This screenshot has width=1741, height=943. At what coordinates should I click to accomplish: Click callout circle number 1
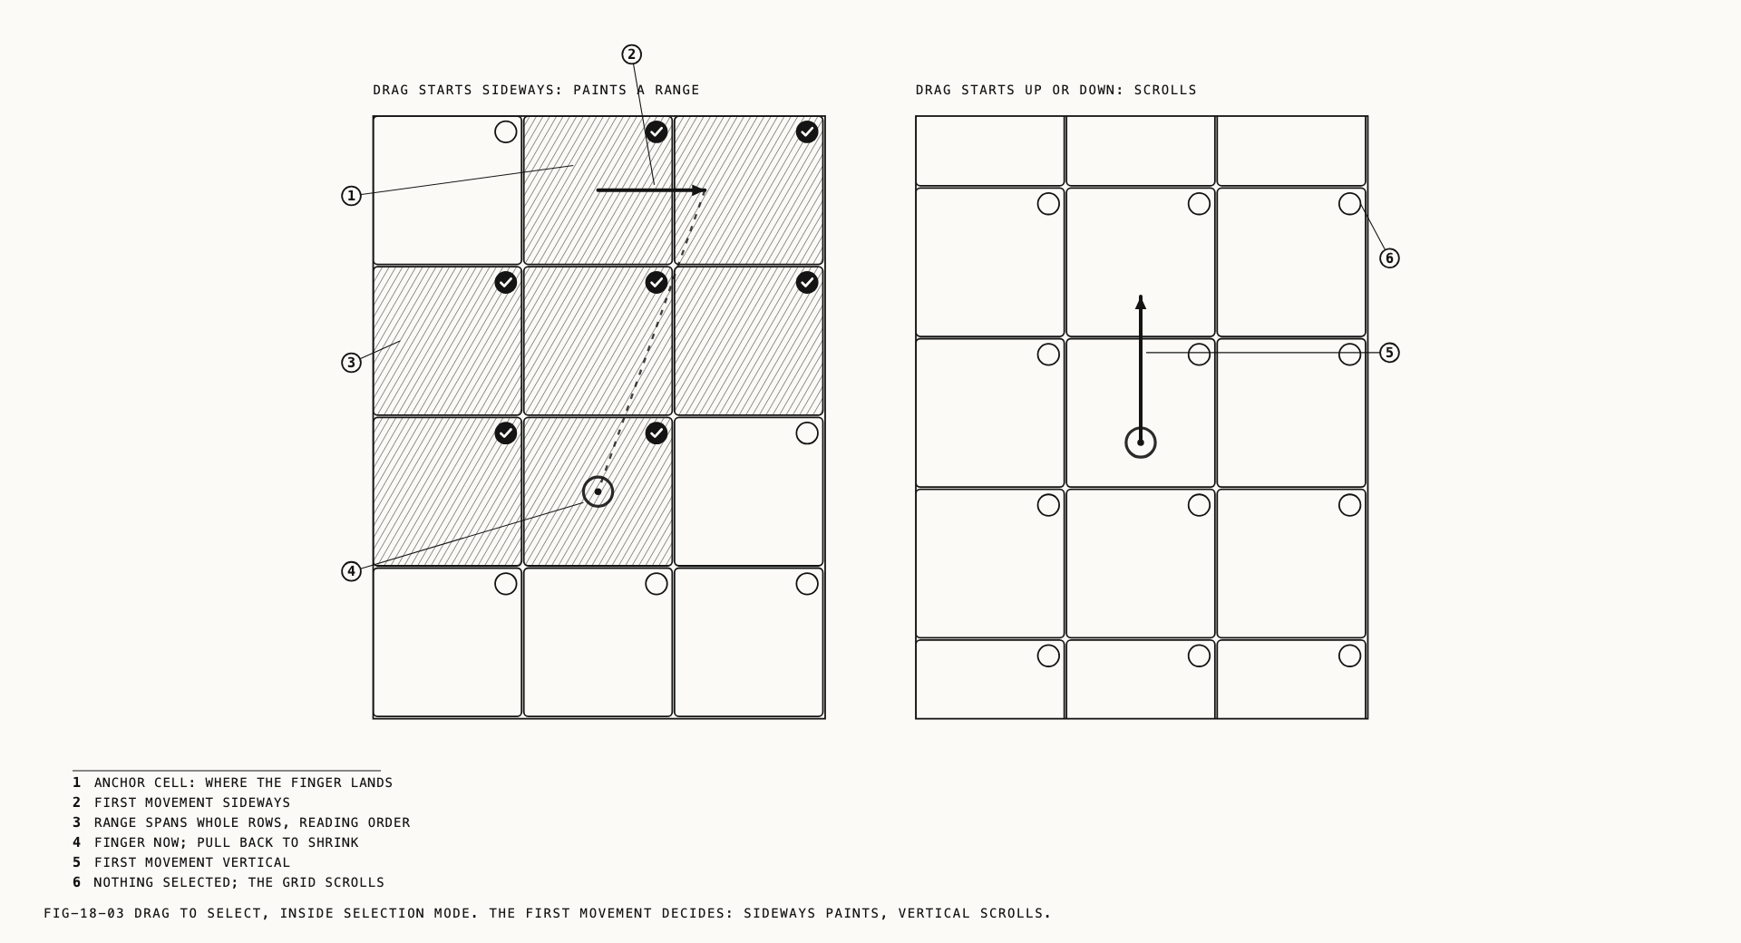tap(351, 196)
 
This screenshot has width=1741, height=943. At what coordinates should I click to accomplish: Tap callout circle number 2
tap(632, 54)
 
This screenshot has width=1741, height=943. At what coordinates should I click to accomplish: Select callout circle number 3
tap(351, 363)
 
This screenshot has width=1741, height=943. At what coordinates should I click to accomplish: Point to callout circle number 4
tap(351, 571)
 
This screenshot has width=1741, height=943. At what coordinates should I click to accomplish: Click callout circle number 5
tap(1389, 353)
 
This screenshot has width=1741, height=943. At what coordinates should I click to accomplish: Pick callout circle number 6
tap(1389, 258)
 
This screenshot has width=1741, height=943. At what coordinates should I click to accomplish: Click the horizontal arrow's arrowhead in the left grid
tap(699, 190)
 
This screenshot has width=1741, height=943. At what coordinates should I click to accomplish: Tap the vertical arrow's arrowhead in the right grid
tap(1141, 302)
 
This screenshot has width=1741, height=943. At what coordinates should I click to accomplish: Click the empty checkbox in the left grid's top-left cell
tap(506, 132)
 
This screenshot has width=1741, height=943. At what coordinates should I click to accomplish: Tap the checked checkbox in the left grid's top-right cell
tap(807, 132)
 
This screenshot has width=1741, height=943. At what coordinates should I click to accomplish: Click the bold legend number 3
tap(77, 822)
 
